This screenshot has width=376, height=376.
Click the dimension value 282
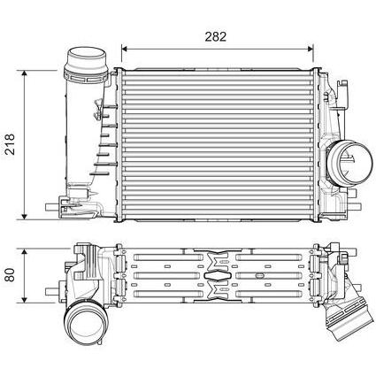point(216,36)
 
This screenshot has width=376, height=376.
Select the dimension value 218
point(10,144)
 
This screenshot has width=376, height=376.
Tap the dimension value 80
point(11,275)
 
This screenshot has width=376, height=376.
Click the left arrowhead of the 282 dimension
point(124,49)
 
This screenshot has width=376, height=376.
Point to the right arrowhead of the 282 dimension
point(311,49)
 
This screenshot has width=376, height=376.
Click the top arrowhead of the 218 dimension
point(25,73)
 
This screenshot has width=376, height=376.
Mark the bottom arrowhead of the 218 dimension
point(25,217)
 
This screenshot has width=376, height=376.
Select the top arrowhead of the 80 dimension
point(25,251)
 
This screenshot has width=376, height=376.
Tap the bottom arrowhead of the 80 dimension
point(25,300)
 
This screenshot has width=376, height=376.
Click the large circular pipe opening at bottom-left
point(86,326)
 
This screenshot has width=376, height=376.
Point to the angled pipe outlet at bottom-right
point(349,321)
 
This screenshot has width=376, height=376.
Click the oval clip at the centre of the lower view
point(218,275)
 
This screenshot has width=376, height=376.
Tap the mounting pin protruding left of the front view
point(52,207)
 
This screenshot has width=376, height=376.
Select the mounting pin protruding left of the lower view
point(52,291)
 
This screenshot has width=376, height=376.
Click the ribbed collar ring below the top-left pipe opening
point(86,76)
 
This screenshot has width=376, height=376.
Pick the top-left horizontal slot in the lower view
point(168,257)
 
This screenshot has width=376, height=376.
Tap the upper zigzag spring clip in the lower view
point(218,260)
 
